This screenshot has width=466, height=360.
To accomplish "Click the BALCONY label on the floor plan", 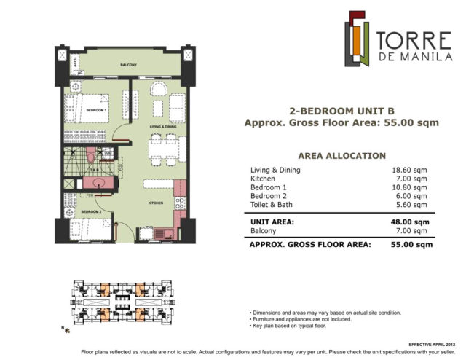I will (x=130, y=65).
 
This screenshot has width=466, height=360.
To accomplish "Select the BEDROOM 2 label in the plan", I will (x=91, y=211).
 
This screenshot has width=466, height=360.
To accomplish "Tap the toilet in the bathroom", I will (x=89, y=157).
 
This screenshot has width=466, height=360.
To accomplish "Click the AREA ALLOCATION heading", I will (x=341, y=155).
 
